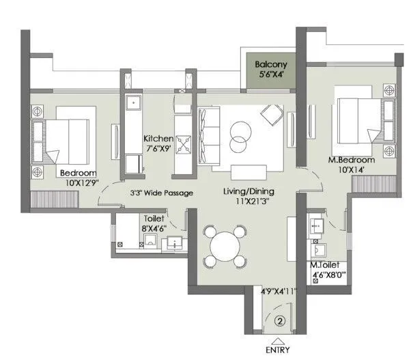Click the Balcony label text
pos(270,65)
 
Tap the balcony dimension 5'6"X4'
pos(270,76)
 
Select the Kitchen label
pos(158,138)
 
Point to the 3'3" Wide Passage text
pos(162,193)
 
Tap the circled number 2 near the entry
pos(279,318)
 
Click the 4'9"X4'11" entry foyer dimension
pos(280,291)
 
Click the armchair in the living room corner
pos(272,113)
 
